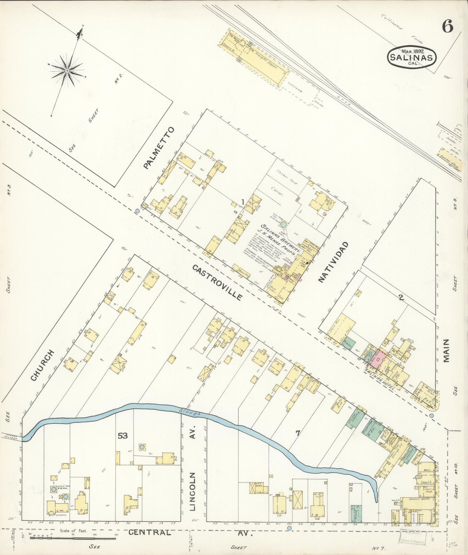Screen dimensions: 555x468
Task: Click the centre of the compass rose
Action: [67, 70]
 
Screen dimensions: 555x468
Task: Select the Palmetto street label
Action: [159, 148]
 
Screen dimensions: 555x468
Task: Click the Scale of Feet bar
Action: [73, 538]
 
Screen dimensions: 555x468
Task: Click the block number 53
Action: [122, 436]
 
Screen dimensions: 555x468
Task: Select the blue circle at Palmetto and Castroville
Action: [137, 211]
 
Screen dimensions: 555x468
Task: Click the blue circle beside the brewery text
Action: [283, 224]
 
